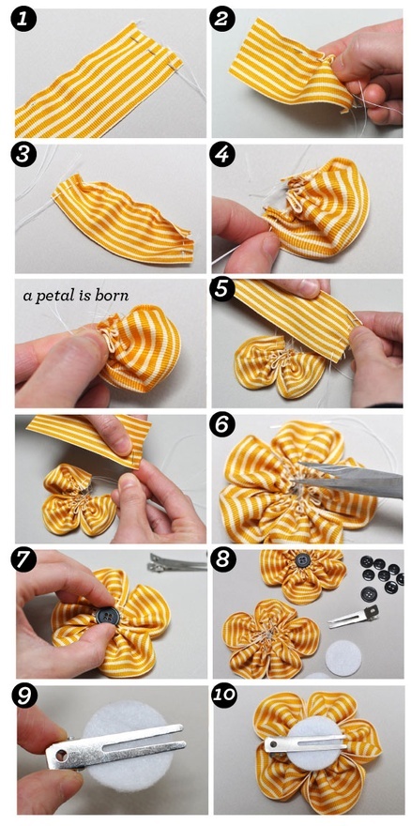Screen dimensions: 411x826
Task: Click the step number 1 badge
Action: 24,21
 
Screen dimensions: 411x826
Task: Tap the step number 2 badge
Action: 221,21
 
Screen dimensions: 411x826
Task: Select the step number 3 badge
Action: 24,155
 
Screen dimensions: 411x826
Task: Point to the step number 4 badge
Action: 221,155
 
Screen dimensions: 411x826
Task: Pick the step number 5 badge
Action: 221,290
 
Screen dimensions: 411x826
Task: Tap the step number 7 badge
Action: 24,560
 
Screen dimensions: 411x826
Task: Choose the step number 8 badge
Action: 221,560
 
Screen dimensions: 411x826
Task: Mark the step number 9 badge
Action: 24,696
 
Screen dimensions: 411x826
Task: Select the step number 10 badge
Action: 223,696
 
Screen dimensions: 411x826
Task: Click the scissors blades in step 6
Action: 349,480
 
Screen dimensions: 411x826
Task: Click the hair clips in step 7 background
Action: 177,561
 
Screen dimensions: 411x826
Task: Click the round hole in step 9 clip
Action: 62,756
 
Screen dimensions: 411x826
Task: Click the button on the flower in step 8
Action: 302,558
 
